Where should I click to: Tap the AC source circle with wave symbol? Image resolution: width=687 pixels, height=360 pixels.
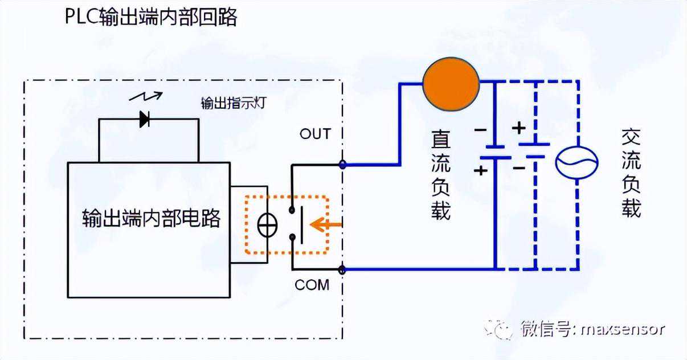576,162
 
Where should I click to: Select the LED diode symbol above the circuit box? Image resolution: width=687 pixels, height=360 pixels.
145,119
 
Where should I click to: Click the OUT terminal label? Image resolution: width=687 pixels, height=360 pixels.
314,134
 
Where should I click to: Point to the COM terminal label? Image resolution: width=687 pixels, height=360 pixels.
312,285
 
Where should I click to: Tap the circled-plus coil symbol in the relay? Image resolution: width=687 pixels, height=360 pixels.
267,226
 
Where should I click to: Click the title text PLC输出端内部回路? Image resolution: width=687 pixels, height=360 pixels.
152,17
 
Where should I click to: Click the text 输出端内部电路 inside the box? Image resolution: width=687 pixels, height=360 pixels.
151,218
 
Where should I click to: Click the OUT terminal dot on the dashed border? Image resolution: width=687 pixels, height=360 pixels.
342,165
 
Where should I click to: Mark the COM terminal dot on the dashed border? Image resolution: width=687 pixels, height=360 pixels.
342,269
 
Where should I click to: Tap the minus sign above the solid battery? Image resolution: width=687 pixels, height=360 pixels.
480,130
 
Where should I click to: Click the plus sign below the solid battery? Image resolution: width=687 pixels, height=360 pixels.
481,170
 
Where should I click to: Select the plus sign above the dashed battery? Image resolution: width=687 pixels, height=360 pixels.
518,128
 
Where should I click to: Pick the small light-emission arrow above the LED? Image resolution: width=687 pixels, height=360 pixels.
146,96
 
